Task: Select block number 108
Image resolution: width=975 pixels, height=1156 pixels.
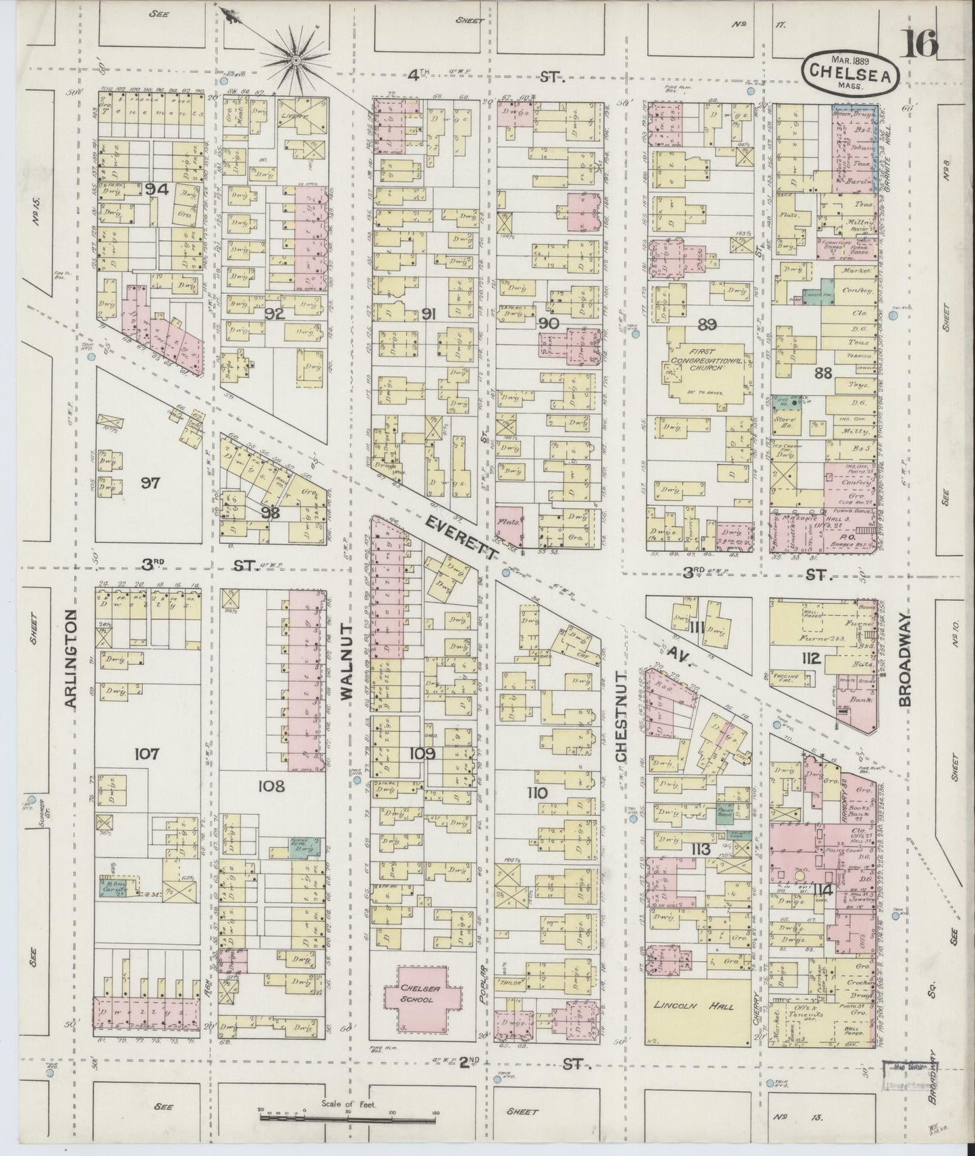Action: (x=271, y=786)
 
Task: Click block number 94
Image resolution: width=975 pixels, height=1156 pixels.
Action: (x=156, y=190)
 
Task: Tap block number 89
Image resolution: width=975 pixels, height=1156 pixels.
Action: (x=706, y=324)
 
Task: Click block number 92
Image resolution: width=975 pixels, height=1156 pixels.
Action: (x=274, y=314)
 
